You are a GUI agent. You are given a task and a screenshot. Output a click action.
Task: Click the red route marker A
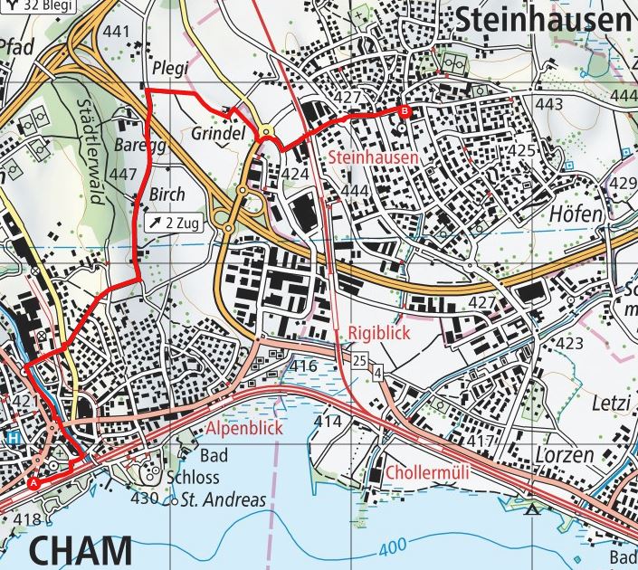tap(34, 483)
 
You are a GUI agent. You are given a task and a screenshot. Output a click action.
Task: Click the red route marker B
tap(404, 112)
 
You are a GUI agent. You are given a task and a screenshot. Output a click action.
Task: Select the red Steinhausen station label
tap(375, 157)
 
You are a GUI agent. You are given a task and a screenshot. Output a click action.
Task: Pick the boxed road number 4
tap(377, 370)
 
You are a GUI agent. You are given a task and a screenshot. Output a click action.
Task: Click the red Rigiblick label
tap(379, 334)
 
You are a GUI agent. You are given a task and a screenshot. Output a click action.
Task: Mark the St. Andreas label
tap(223, 499)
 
